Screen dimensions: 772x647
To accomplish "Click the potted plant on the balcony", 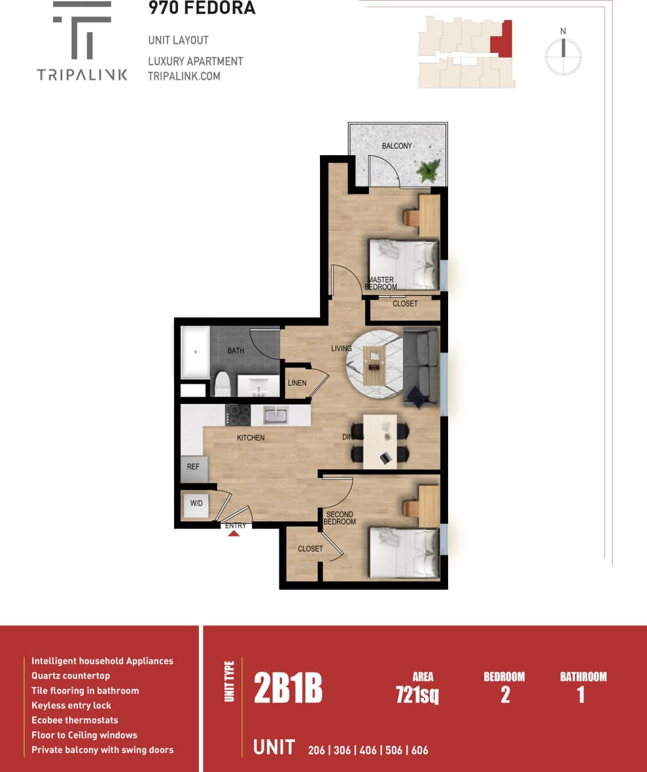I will (x=428, y=171).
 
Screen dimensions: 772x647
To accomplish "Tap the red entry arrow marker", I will (x=234, y=533).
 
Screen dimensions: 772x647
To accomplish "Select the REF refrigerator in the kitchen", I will (x=194, y=468).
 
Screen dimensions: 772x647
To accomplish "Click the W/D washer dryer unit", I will (x=196, y=504).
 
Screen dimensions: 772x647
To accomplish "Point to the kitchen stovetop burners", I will (x=237, y=415).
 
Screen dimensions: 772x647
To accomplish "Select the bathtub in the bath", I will (x=195, y=352).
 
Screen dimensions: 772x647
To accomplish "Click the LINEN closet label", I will (x=297, y=383).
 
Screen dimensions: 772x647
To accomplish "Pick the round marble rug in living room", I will (x=374, y=363).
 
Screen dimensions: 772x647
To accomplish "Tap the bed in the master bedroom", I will (x=403, y=265).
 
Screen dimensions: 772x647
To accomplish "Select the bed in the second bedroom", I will (x=403, y=553).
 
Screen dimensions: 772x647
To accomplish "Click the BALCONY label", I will (x=397, y=145).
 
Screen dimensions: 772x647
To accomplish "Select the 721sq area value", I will (x=417, y=695).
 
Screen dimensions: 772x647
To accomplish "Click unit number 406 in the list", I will (x=368, y=750).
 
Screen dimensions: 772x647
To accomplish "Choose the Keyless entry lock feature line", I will (x=71, y=705).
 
